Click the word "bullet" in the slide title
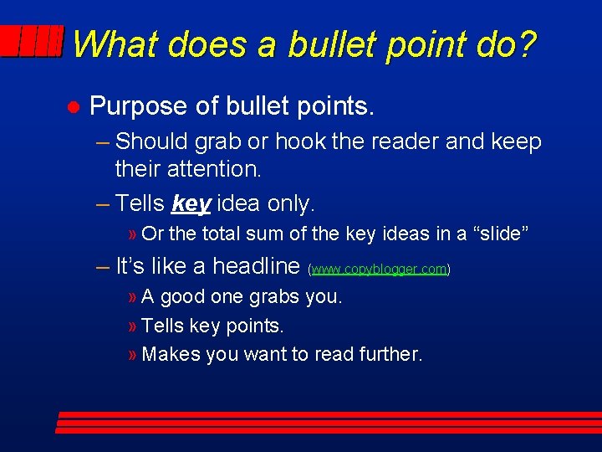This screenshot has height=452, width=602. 333,44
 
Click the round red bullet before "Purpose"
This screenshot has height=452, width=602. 73,107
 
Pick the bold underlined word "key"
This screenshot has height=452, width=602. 191,203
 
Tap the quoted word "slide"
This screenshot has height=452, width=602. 501,234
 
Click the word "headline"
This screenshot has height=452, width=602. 256,266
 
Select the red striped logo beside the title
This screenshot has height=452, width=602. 33,41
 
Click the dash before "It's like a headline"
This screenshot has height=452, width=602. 103,266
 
